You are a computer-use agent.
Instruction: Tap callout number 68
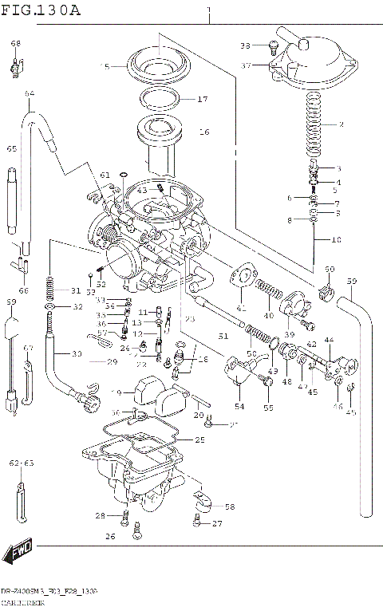[x=16, y=43]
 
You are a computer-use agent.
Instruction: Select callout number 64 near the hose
[x=30, y=94]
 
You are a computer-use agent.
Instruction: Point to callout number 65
[x=12, y=149]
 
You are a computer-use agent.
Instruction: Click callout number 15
[x=105, y=67]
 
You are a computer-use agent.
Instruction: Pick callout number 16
[x=203, y=132]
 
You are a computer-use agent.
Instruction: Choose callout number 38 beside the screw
[x=245, y=45]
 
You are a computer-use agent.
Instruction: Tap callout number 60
[x=330, y=269]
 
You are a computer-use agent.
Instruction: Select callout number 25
[x=199, y=440]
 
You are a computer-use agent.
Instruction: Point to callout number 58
[x=230, y=506]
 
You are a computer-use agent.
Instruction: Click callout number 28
[x=100, y=514]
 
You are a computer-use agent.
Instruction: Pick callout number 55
[x=268, y=408]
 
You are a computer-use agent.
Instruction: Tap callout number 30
[x=77, y=354]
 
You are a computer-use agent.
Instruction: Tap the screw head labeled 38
[x=274, y=45]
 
